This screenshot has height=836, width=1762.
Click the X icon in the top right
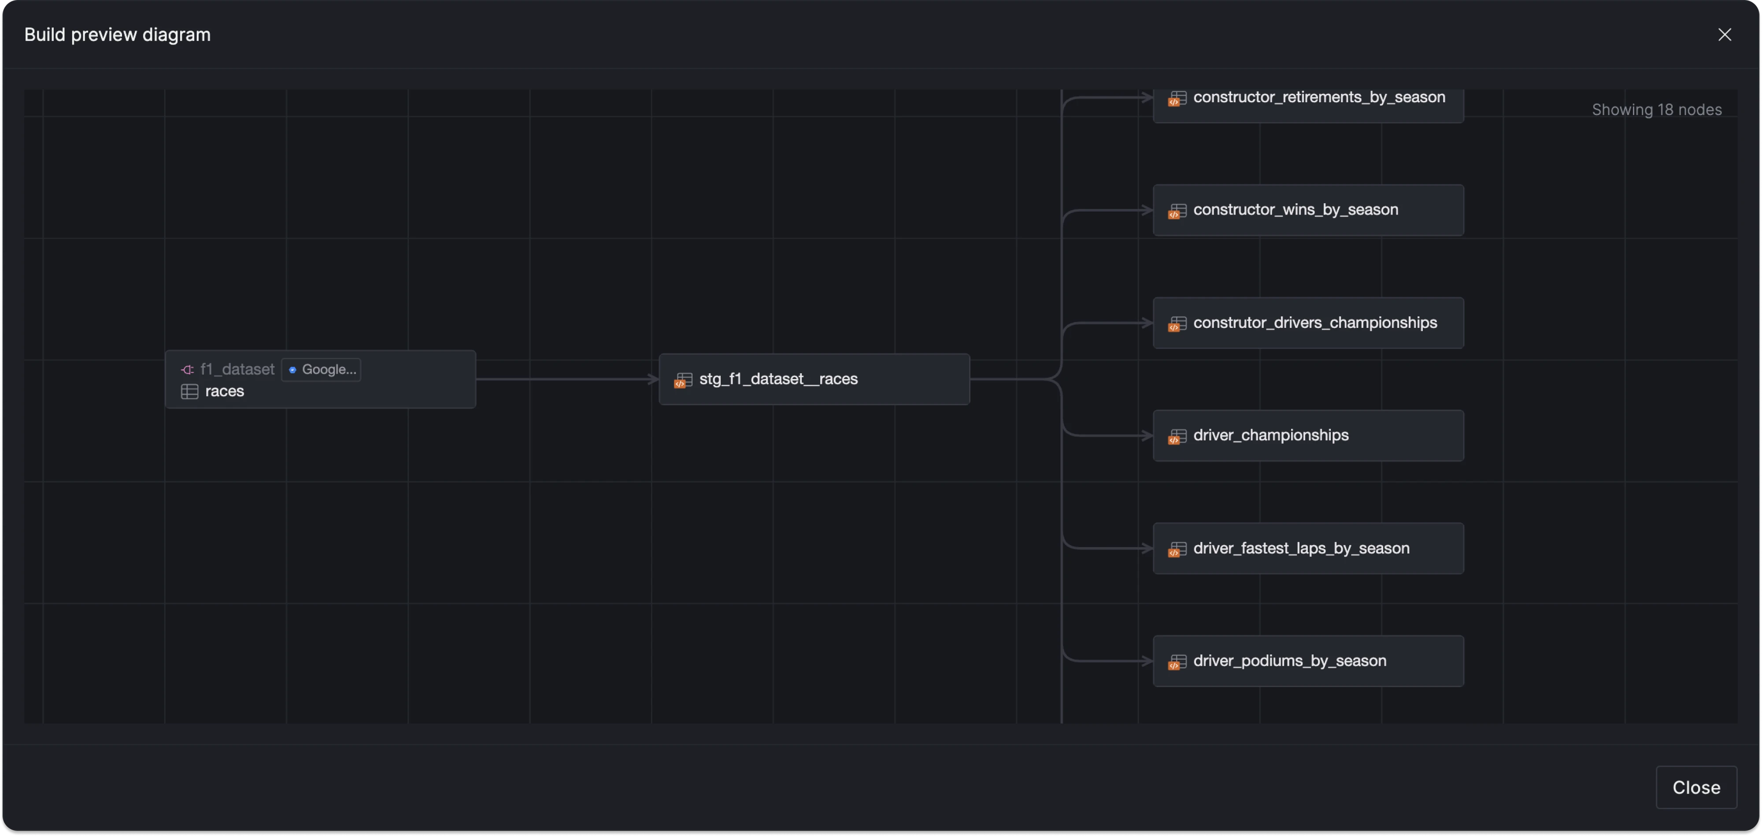tap(1725, 35)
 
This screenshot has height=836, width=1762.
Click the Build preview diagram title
tap(117, 35)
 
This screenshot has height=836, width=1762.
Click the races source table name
tap(224, 391)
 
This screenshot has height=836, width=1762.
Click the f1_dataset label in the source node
tap(237, 369)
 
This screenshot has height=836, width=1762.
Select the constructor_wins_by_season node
tap(1308, 210)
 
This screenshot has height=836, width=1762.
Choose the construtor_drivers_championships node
tap(1308, 323)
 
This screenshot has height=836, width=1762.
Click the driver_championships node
tap(1308, 436)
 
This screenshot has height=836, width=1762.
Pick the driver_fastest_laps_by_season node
tap(1308, 549)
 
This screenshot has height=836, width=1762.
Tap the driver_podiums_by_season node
tap(1308, 661)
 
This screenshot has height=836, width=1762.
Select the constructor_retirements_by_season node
tap(1308, 103)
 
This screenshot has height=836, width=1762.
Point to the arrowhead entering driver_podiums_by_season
tap(1148, 661)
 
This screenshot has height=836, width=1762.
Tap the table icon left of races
tap(189, 391)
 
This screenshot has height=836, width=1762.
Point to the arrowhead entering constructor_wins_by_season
tap(1148, 210)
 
